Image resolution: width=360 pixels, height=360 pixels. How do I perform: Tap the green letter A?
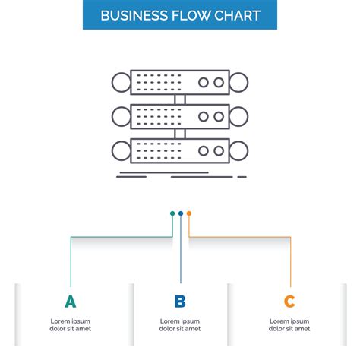tap(71, 302)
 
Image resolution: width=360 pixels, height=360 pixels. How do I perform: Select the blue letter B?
tap(180, 302)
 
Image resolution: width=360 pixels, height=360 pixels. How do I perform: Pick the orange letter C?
tap(289, 302)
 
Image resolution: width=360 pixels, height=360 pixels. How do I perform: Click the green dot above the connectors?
tap(172, 213)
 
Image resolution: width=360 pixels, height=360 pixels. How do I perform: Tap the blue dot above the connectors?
tap(181, 213)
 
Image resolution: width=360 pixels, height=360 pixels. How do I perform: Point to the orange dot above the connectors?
tap(189, 213)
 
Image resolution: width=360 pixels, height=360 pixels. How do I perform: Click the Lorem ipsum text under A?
tap(71, 324)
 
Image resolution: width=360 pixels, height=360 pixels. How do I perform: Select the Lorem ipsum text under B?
tap(180, 324)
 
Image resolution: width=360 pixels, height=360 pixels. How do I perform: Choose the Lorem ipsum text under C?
tap(289, 324)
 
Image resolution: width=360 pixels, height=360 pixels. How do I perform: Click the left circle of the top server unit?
tap(120, 81)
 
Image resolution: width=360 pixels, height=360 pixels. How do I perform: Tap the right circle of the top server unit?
tap(240, 81)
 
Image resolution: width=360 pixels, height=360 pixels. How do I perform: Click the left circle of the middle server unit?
tap(120, 116)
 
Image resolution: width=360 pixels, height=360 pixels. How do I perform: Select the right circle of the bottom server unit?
tap(240, 150)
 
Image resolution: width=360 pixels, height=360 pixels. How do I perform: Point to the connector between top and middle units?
tap(180, 99)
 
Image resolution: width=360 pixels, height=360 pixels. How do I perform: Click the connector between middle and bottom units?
tap(180, 134)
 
